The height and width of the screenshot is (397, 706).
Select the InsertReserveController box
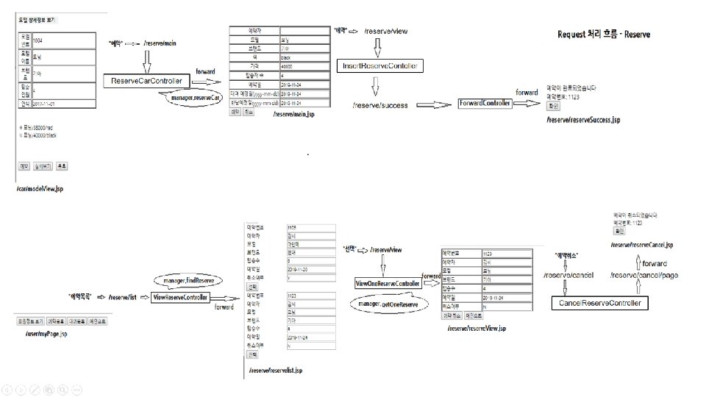click(x=380, y=66)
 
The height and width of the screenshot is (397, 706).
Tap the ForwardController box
click(x=485, y=104)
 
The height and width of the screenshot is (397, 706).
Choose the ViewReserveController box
click(x=180, y=297)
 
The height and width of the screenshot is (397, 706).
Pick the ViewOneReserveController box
click(x=388, y=283)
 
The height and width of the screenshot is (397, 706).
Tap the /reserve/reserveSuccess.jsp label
click(x=583, y=119)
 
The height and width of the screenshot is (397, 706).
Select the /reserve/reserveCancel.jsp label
click(x=642, y=244)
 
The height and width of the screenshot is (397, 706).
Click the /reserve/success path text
click(x=380, y=105)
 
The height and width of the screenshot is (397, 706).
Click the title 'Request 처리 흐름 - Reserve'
click(x=604, y=35)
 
